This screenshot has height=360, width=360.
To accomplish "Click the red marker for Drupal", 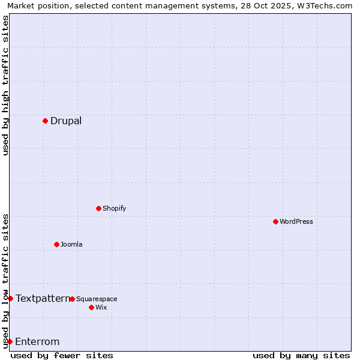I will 45,121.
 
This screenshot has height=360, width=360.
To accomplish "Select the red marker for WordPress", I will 275,221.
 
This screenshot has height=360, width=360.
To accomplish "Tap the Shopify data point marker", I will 98,208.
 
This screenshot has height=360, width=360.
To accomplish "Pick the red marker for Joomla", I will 56,244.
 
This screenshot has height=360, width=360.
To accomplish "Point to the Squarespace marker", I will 72,299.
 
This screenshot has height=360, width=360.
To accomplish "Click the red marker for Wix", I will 91,307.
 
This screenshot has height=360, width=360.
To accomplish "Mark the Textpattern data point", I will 10,298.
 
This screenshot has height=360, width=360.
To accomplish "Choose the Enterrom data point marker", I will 10,341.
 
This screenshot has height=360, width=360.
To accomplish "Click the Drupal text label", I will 66,121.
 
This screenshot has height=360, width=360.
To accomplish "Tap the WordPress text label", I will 296,221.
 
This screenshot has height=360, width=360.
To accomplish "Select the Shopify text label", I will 114,208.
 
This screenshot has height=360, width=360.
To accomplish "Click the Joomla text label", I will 71,244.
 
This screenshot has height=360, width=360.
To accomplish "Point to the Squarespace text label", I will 97,299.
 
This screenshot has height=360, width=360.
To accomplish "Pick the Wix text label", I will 101,307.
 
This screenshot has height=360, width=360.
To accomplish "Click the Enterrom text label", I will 37,342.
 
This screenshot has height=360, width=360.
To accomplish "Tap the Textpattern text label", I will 42,298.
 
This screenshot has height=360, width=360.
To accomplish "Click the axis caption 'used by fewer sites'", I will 62,355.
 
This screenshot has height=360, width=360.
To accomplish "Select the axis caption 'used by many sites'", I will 301,355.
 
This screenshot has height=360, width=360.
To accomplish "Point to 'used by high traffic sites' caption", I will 5,85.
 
